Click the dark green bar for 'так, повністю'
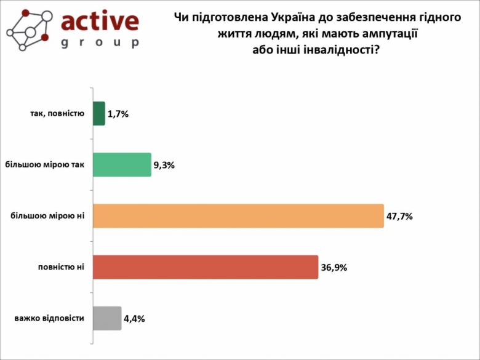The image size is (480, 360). tap(99, 114)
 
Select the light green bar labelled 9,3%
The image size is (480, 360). tap(122, 165)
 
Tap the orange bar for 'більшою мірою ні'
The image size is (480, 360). tap(238, 216)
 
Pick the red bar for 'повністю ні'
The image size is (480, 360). tap(206, 267)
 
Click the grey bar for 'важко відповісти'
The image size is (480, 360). tap(107, 318)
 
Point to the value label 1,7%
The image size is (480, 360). tap(118, 114)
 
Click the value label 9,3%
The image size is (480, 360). tap(164, 165)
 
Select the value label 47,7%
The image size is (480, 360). tap(399, 216)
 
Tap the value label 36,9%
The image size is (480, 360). tap(334, 268)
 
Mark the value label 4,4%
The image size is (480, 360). tap(134, 319)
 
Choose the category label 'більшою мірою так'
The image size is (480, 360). tap(44, 165)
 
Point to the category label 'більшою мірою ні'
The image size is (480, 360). tap(47, 216)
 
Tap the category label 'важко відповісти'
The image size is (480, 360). tap(49, 319)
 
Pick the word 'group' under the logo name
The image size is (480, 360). tap(100, 42)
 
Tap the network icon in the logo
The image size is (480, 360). tap(27, 30)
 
